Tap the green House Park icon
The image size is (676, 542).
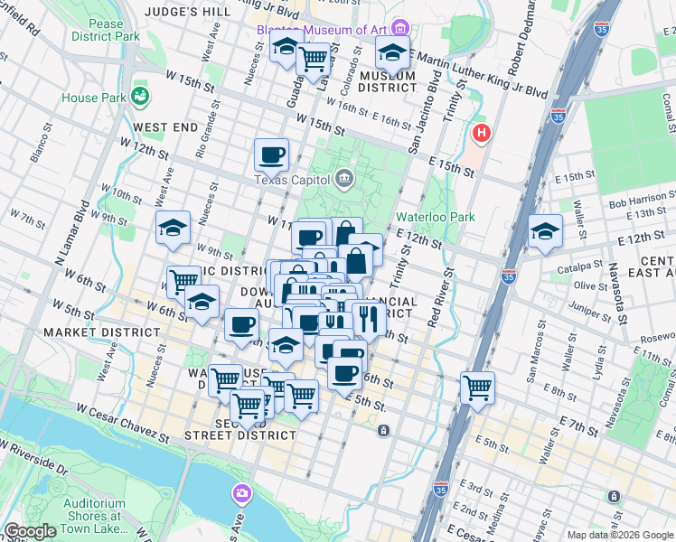point(140,94)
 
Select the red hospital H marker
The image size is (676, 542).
point(481,134)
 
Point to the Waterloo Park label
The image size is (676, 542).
point(435,217)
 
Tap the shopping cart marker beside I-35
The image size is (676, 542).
point(477,389)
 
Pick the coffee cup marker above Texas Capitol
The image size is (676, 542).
point(271,155)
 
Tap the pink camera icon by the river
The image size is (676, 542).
point(241,493)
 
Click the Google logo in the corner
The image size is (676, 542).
point(30,531)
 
